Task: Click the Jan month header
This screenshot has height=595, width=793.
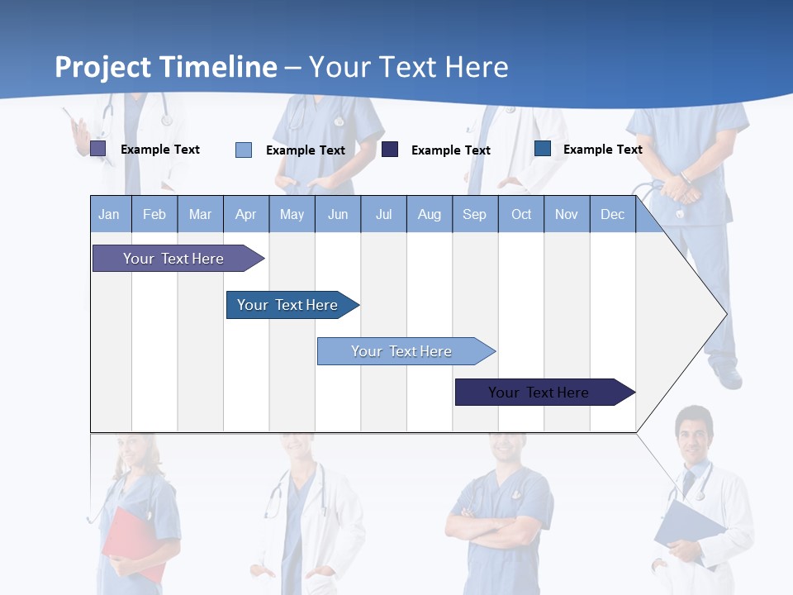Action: (x=109, y=214)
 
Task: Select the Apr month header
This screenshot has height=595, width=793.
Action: (x=245, y=214)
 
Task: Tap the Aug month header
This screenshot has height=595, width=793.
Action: (x=429, y=214)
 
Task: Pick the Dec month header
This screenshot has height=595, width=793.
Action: (x=612, y=214)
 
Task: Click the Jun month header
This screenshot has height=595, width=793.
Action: (x=338, y=214)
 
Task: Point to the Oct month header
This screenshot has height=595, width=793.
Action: (x=521, y=214)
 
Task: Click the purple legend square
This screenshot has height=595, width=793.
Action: (x=97, y=149)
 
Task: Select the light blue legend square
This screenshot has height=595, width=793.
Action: (x=244, y=150)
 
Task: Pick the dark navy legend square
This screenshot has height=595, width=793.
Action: (x=390, y=150)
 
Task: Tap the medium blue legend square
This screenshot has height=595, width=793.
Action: (x=543, y=149)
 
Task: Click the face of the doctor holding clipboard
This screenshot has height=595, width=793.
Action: (x=692, y=434)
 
